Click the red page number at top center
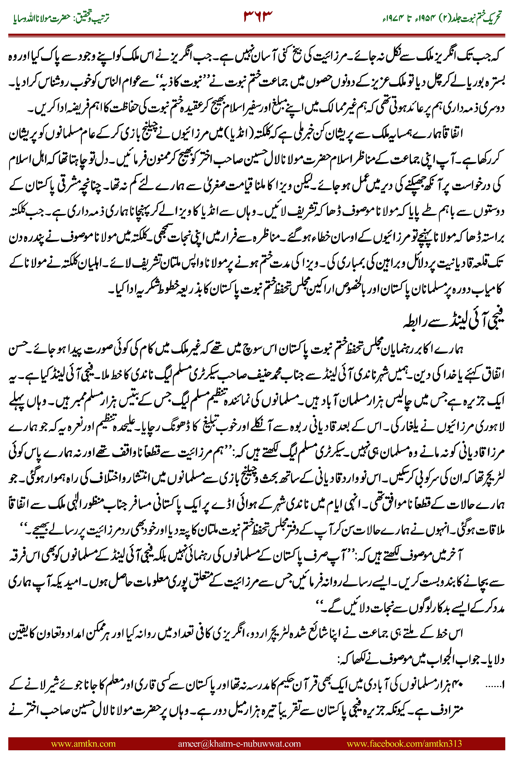258,16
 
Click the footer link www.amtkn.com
83,743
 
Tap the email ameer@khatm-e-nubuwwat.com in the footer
239,743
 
